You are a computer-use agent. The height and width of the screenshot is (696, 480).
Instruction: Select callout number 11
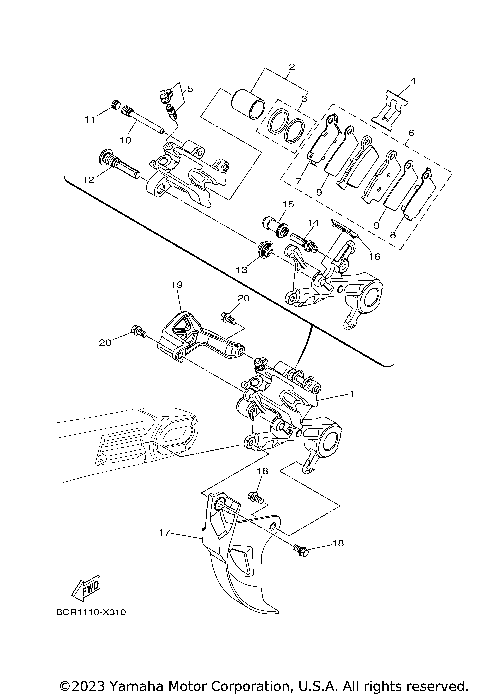pos(89,119)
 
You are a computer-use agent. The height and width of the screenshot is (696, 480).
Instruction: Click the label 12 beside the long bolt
pos(89,179)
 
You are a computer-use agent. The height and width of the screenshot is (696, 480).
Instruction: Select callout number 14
pos(312,222)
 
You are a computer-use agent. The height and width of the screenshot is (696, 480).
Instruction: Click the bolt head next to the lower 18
pos(300,546)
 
